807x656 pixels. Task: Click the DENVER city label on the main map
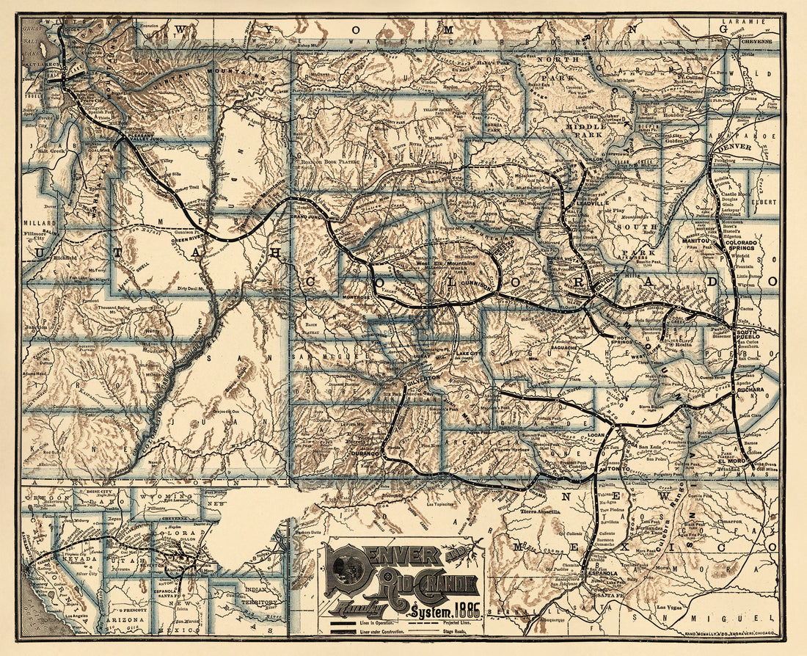point(737,147)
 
